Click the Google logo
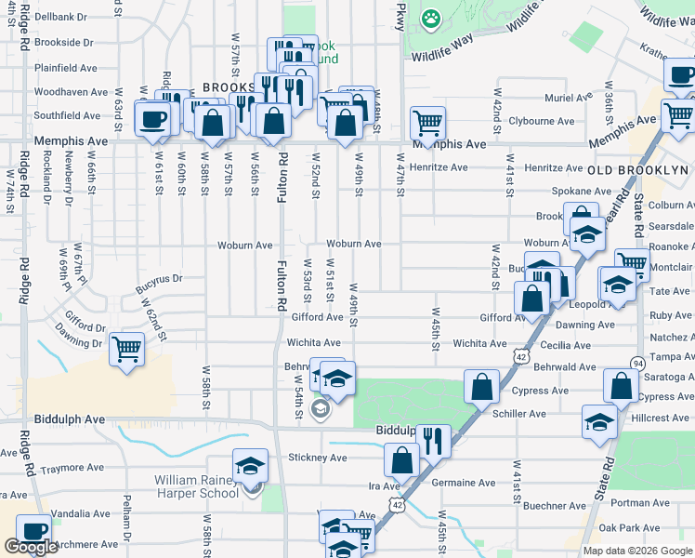click(x=31, y=547)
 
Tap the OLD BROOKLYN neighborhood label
click(x=637, y=170)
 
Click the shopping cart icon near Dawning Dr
click(x=126, y=351)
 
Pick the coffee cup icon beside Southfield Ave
click(x=152, y=119)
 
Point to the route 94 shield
click(x=637, y=362)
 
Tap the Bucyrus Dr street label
click(x=159, y=277)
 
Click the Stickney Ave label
click(x=317, y=458)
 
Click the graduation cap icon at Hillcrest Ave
click(x=599, y=421)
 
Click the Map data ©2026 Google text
click(x=637, y=551)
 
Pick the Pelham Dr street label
click(x=126, y=526)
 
